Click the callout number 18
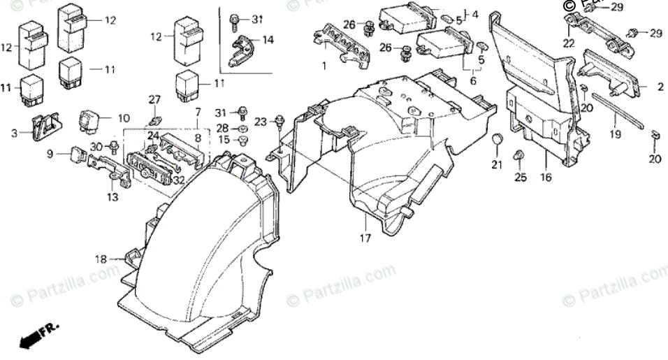[102, 259]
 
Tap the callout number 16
[546, 178]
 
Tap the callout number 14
[268, 41]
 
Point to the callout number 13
[113, 198]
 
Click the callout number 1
[324, 66]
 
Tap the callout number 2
[659, 87]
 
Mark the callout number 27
[154, 100]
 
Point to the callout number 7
[198, 112]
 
